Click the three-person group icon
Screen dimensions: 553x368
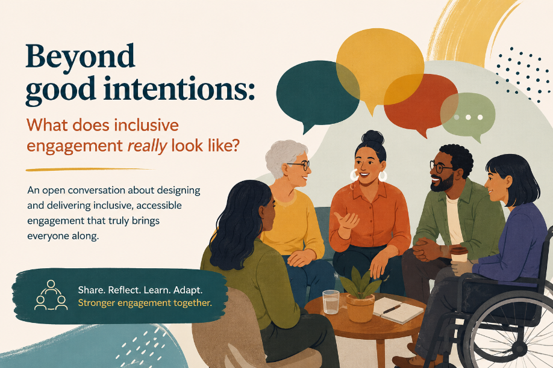[x=51, y=295]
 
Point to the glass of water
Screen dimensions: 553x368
[x=331, y=301]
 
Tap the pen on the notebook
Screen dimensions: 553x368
[x=392, y=309]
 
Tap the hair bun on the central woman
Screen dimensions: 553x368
[x=372, y=137]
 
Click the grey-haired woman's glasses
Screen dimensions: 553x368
[x=299, y=165]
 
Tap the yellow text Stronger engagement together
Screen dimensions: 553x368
[x=145, y=303]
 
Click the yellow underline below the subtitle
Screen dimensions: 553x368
[x=90, y=170]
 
